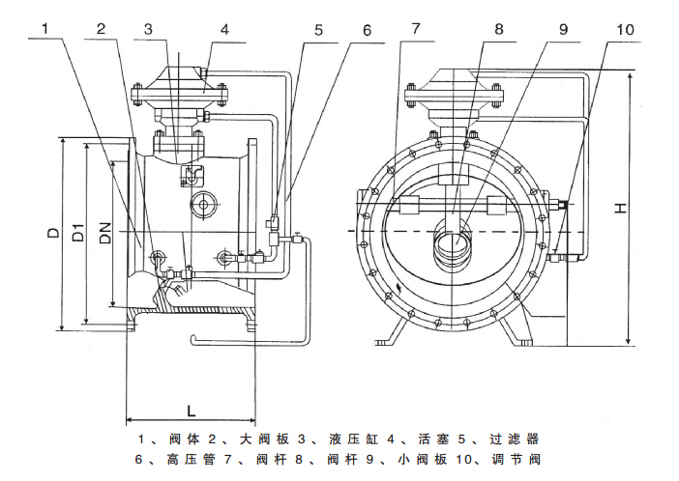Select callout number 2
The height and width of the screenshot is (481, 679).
click(x=101, y=29)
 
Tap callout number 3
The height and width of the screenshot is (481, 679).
click(x=148, y=29)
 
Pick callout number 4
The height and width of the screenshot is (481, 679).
click(x=223, y=29)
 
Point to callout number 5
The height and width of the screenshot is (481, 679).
click(x=318, y=29)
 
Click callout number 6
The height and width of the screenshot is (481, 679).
click(x=367, y=29)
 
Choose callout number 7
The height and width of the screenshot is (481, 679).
click(x=415, y=29)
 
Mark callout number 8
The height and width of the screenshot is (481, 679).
click(x=498, y=29)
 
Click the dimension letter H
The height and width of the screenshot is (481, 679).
click(x=646, y=206)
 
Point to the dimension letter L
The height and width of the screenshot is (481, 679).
click(x=192, y=408)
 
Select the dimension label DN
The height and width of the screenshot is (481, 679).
click(x=104, y=231)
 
